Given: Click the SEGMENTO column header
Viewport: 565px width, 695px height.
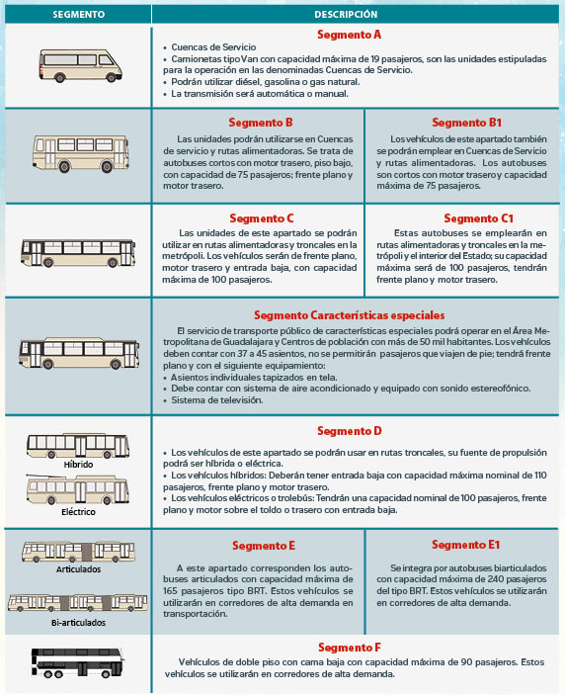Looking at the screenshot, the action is (x=78, y=14).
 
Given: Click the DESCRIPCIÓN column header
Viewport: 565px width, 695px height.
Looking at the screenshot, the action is (x=346, y=14).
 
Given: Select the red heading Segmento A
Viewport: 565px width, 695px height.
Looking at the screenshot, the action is (x=349, y=35).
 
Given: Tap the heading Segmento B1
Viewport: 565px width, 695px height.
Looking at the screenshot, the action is (x=466, y=123).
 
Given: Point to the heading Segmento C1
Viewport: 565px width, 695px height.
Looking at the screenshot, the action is (x=479, y=218).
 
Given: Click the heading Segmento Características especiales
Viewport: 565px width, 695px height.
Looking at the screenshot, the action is (x=350, y=315).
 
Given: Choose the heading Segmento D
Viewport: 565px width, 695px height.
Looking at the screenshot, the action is (x=350, y=431).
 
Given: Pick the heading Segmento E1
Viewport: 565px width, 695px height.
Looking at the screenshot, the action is (x=466, y=545).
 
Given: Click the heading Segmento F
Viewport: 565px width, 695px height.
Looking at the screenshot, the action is (x=350, y=648).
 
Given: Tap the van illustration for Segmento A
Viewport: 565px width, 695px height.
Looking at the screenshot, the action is (x=80, y=65).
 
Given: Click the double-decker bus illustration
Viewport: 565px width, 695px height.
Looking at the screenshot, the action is (x=77, y=662).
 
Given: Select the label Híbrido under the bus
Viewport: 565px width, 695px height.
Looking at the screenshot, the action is (x=78, y=465).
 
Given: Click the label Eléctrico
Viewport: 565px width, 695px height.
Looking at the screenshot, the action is (x=78, y=512).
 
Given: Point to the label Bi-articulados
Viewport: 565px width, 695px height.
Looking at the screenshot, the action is (x=78, y=623).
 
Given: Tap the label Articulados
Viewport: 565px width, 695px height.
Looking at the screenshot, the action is (x=78, y=569).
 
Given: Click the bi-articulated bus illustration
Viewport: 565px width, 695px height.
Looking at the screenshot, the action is (x=77, y=602).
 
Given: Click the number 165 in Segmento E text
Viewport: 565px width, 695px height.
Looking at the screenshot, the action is (x=170, y=591).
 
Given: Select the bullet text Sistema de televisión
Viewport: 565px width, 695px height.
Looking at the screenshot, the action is (x=217, y=400).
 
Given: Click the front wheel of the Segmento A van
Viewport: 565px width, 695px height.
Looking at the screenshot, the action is (x=112, y=77).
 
